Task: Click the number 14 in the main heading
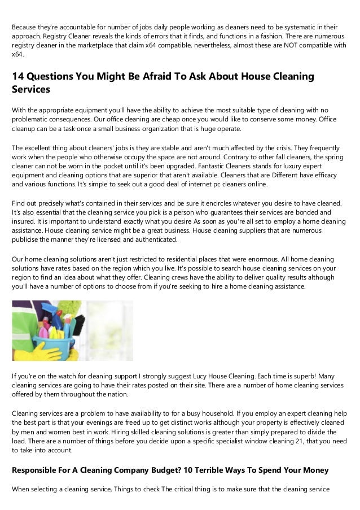[19, 76]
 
